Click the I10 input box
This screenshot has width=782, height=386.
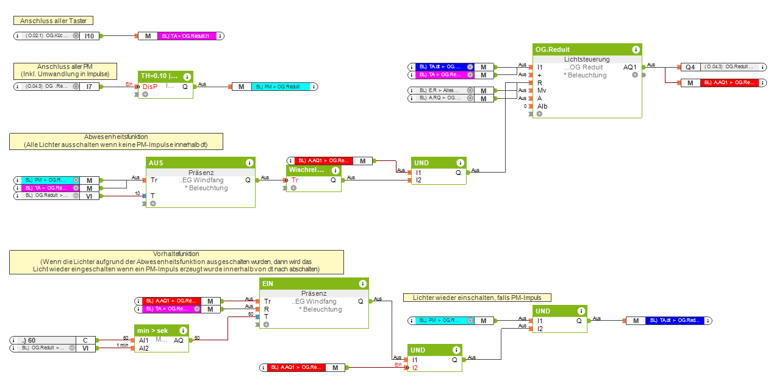89,36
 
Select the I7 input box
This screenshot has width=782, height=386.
89,87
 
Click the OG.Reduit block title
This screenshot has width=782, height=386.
553,49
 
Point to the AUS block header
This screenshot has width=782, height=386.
156,163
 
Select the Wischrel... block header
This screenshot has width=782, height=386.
306,170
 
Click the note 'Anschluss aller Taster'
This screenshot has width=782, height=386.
53,21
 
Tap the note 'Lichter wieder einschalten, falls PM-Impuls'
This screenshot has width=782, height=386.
477,298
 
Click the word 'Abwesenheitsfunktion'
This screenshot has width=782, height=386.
116,137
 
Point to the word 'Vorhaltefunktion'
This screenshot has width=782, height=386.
176,254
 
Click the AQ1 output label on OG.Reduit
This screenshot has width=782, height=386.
630,67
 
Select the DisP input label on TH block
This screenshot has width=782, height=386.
149,87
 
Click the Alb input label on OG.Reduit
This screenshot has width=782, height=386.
542,106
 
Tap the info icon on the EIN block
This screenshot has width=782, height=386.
364,284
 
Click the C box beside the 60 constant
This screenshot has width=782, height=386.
85,340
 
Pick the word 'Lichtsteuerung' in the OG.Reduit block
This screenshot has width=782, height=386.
587,59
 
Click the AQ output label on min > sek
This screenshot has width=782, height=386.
179,340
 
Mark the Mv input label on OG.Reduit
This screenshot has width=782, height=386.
541,90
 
